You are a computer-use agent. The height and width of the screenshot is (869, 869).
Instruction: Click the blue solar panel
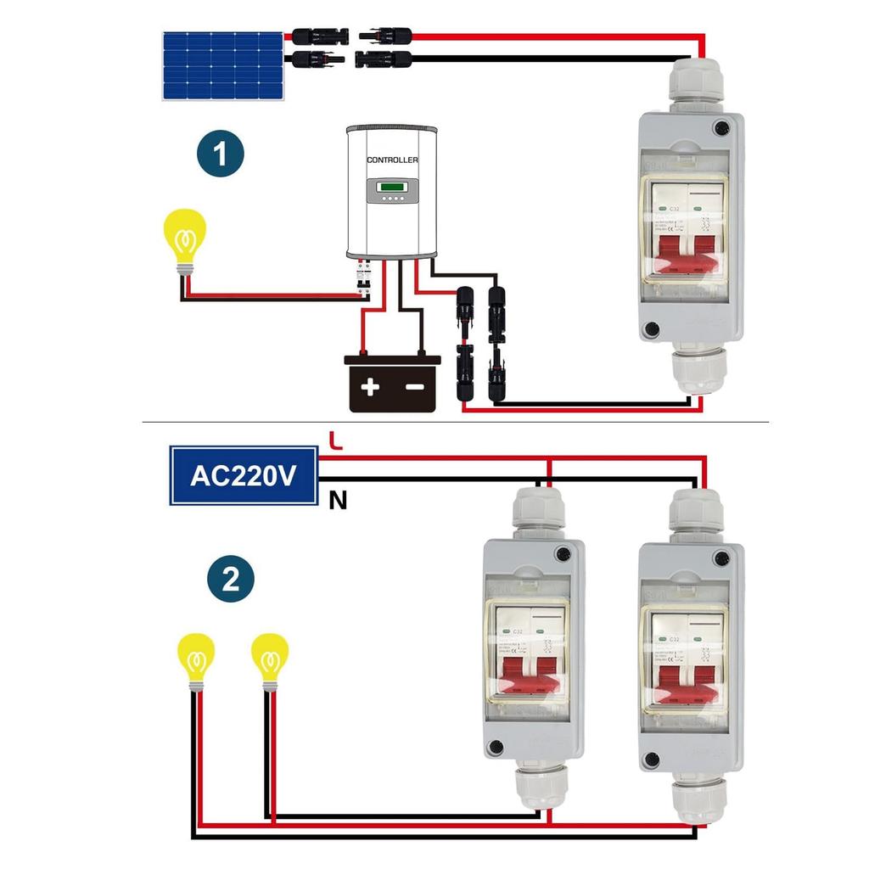223,65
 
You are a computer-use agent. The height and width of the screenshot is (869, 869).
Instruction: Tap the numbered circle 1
221,154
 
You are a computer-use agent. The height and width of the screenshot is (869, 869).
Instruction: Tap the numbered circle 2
231,580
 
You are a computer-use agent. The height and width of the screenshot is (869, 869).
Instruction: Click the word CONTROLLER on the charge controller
392,160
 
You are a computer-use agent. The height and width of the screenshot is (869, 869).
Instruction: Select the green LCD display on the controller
392,188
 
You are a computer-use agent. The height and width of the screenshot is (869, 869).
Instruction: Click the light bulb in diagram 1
184,238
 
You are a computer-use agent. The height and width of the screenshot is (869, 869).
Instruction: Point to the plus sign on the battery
370,388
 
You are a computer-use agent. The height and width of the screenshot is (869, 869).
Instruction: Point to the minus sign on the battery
415,388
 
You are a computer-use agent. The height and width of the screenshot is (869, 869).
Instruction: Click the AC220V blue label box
243,475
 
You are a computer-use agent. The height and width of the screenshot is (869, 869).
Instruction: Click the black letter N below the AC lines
338,502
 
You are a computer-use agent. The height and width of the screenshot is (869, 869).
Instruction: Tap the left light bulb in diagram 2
196,659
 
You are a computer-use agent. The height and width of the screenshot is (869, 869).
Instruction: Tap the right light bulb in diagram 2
270,659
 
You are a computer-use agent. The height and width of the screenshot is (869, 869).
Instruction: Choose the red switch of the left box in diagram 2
533,680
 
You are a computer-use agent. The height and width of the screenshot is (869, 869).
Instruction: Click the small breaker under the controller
365,280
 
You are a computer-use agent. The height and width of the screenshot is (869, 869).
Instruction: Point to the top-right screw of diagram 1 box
722,128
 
